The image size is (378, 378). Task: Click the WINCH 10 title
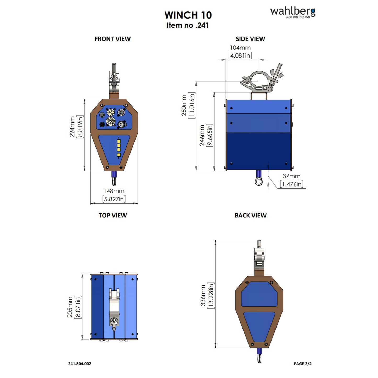point(188,15)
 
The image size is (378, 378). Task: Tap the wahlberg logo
point(292,12)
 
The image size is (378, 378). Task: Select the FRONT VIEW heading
point(112,39)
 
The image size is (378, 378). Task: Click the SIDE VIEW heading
point(250,39)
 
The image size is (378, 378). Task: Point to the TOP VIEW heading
point(112,216)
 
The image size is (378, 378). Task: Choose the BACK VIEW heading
point(250,216)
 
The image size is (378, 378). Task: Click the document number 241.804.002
point(80,364)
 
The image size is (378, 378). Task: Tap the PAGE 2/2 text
point(302,364)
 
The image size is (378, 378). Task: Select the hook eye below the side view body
point(259,181)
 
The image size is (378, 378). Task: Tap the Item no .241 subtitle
point(188,25)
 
